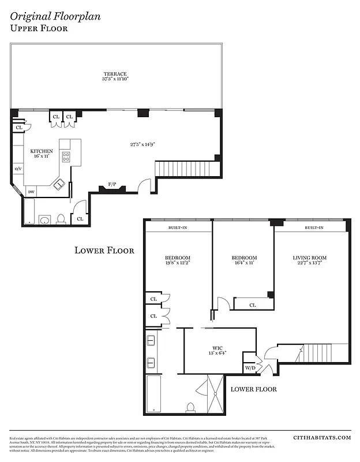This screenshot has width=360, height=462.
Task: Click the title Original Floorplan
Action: [x=47, y=16]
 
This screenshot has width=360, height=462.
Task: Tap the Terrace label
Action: [x=115, y=74]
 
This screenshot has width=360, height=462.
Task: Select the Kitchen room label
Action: [x=42, y=151]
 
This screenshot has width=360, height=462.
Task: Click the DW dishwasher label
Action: [x=31, y=191]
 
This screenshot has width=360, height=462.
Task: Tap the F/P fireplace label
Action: [x=112, y=185]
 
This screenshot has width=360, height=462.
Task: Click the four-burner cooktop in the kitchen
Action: [x=66, y=155]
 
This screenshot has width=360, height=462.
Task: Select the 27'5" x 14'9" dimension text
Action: [x=142, y=144]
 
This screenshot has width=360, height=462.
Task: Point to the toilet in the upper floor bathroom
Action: [x=61, y=219]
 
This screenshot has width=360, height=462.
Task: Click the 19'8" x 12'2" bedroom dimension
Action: [x=178, y=262]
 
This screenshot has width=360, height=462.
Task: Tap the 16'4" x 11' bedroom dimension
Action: [x=243, y=262]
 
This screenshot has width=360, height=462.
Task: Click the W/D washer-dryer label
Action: [x=250, y=368]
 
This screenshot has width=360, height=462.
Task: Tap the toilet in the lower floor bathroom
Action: [x=190, y=407]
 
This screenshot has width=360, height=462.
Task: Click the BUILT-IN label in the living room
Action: [x=314, y=228]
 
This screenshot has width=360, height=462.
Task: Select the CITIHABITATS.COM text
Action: [x=322, y=438]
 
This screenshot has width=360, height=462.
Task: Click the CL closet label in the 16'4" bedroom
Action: [x=253, y=304]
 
